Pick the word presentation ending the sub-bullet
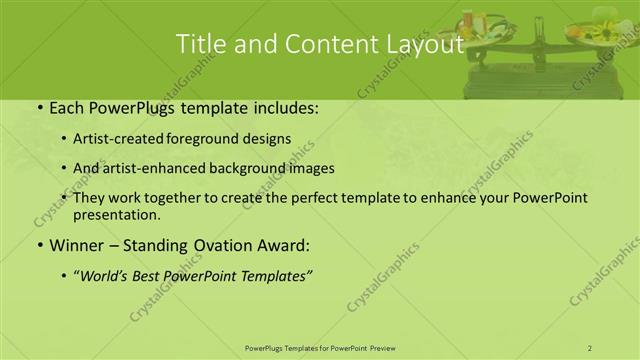click(x=115, y=214)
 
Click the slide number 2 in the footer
click(x=590, y=347)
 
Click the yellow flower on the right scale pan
click(x=605, y=33)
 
